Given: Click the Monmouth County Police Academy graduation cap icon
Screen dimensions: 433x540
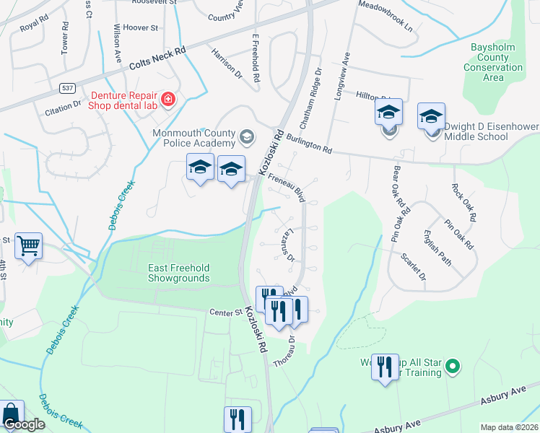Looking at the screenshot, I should pyautogui.click(x=247, y=136).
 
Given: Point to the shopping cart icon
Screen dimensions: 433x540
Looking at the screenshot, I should pyautogui.click(x=29, y=247).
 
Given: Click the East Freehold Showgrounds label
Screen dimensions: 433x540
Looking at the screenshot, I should pyautogui.click(x=179, y=273).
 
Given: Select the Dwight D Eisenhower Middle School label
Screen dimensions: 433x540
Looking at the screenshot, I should pyautogui.click(x=486, y=131).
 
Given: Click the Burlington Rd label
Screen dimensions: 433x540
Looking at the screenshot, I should pyautogui.click(x=308, y=144).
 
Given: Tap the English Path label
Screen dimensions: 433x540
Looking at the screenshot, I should pyautogui.click(x=437, y=248).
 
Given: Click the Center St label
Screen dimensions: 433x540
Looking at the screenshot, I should pyautogui.click(x=225, y=312).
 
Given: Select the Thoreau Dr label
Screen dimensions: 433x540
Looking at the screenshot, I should pyautogui.click(x=284, y=350).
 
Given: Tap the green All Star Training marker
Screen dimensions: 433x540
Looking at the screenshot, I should pyautogui.click(x=453, y=367).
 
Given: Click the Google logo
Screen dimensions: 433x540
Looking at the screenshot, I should pyautogui.click(x=23, y=424).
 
